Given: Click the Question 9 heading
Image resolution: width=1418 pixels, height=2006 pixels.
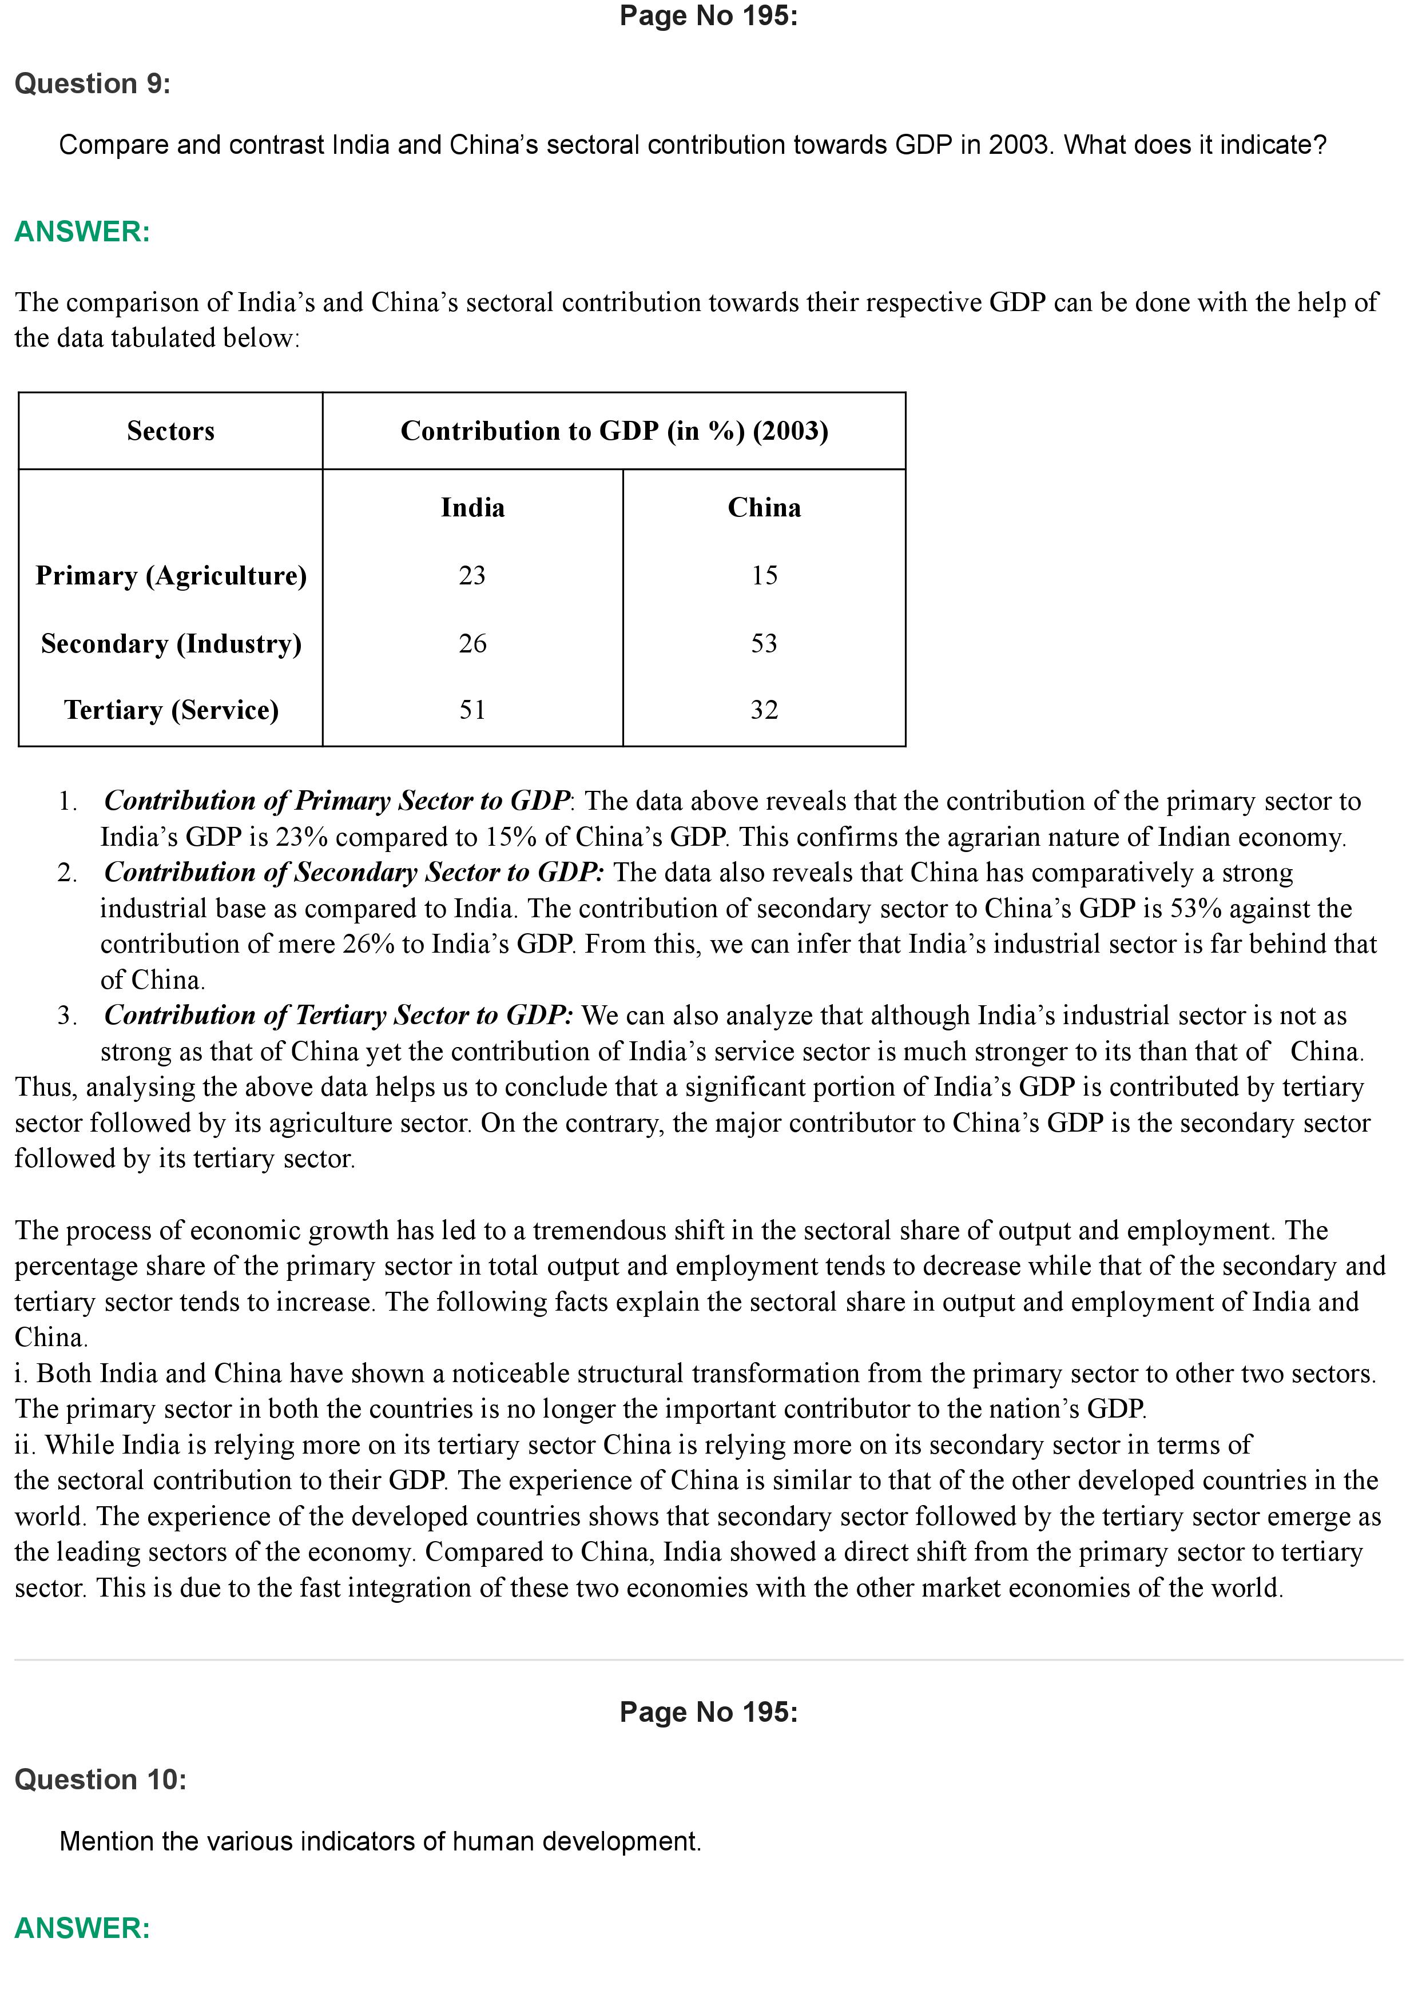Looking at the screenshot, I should (x=93, y=84).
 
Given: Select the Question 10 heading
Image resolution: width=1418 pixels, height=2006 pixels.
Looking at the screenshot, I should (x=101, y=1780).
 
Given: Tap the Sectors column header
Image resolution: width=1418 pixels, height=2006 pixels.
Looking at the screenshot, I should (x=170, y=431).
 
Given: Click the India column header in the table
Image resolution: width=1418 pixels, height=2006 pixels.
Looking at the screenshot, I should (x=472, y=508).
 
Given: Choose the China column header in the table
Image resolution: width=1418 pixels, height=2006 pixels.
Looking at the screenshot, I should (x=764, y=508).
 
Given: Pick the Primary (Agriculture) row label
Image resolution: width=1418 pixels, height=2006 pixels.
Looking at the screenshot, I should (x=171, y=576).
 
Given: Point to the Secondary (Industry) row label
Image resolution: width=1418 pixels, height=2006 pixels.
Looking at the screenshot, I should (x=171, y=644).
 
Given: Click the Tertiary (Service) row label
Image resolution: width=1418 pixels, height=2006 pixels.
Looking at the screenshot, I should (x=171, y=710).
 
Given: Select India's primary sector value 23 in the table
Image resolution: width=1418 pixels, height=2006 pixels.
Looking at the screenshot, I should (x=472, y=576).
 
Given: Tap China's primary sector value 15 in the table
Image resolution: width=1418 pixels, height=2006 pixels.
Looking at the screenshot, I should (x=764, y=576).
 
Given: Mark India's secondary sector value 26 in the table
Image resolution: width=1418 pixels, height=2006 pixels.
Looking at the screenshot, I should (x=472, y=644).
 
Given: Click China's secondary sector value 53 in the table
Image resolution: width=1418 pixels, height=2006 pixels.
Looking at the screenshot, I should (x=764, y=644).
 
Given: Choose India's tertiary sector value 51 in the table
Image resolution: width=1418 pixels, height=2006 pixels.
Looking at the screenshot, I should (x=472, y=710).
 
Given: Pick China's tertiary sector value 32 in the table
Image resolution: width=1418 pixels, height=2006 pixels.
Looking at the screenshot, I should (x=764, y=710).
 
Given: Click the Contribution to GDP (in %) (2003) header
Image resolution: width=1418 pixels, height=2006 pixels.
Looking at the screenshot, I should (x=614, y=431).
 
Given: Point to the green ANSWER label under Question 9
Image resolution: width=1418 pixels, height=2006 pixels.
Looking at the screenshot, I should (x=82, y=232).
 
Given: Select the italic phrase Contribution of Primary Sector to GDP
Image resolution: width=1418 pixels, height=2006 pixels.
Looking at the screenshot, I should (x=336, y=801).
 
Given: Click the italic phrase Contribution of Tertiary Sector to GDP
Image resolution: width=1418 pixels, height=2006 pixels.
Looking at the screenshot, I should (x=338, y=1015).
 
